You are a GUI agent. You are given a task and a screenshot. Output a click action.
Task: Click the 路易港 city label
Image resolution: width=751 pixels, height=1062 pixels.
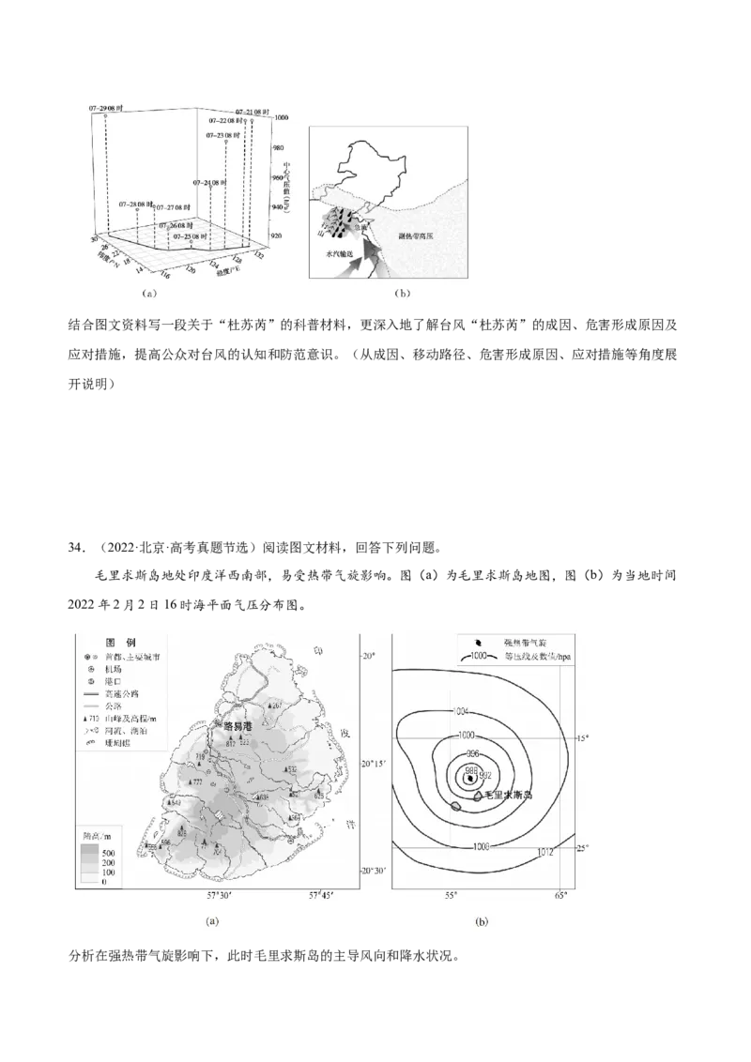coord(236,726)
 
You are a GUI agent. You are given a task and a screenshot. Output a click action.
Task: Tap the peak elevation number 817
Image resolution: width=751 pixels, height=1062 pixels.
coord(230,743)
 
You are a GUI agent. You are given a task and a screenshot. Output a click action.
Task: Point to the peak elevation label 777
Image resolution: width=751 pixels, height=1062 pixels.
coord(197,781)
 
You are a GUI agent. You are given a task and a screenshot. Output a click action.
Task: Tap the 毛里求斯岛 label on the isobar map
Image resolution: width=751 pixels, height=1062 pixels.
coord(507,796)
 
